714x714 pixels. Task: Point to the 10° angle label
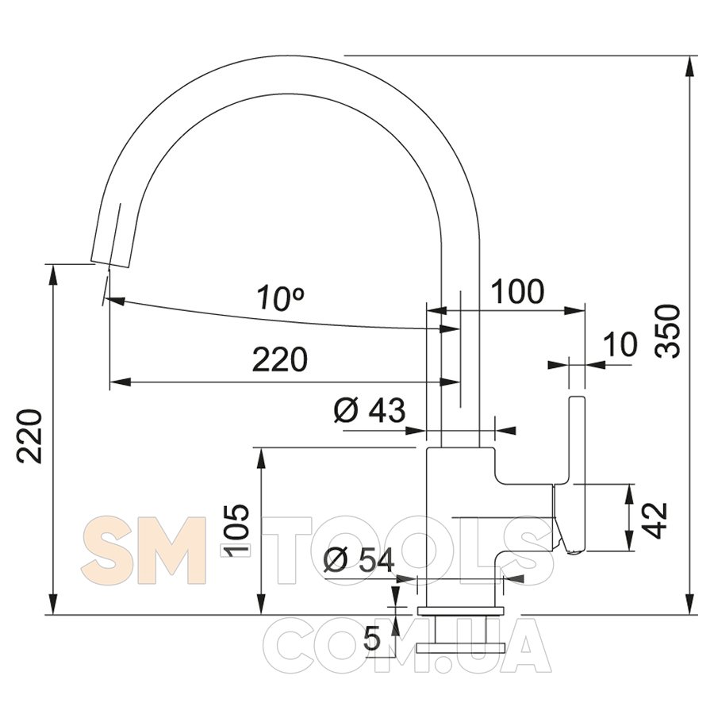tap(280, 298)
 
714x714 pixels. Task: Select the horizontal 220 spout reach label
tap(280, 359)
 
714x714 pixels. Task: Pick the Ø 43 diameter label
tap(369, 410)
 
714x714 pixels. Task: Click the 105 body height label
tap(236, 531)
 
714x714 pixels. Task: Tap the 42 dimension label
tap(656, 520)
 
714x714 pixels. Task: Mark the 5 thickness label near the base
tap(373, 639)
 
